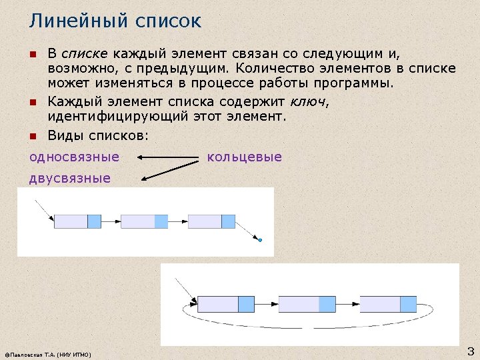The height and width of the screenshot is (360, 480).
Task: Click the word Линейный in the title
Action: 74,21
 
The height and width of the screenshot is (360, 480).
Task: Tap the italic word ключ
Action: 309,102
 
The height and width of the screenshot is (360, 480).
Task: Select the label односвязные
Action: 74,157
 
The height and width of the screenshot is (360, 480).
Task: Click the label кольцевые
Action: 245,157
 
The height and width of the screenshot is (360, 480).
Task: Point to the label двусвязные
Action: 70,179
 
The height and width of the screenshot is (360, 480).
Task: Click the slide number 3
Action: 470,351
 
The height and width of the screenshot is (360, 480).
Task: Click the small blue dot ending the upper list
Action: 260,240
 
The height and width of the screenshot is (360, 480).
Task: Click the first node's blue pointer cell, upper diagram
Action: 94,221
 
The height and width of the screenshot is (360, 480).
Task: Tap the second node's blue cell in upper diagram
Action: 161,221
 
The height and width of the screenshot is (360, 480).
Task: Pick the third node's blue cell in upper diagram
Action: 228,221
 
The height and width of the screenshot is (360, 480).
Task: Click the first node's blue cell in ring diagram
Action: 246,304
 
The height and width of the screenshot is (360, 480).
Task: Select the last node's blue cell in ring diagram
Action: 408,304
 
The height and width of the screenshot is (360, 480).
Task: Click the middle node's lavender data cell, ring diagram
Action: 299,304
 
